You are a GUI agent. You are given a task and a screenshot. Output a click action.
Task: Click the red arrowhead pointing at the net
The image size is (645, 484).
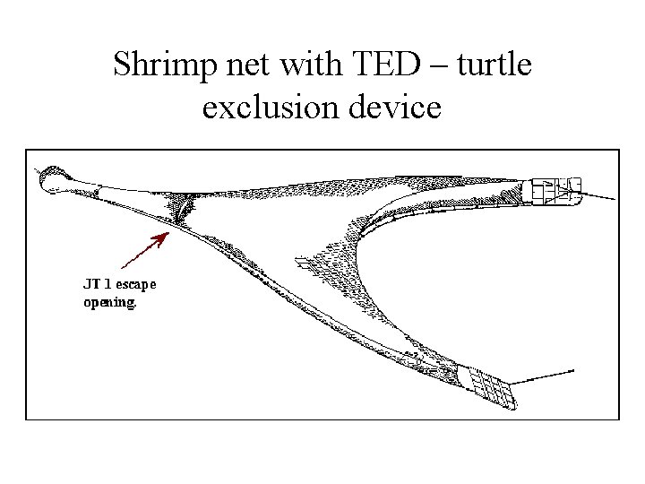[x=162, y=236]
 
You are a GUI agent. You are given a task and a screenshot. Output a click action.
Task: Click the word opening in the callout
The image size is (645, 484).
[x=110, y=303]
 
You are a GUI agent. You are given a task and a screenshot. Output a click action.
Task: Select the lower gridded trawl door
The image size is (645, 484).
[x=484, y=385]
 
